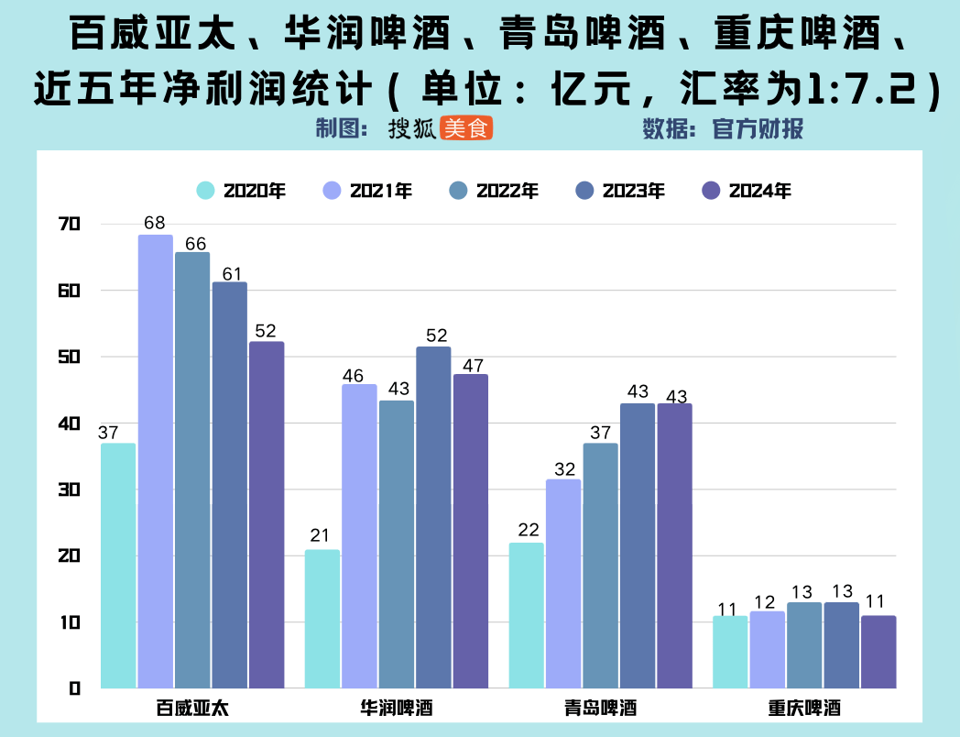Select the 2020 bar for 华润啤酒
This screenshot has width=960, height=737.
[x=322, y=619]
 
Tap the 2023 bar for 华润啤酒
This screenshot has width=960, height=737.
[x=433, y=517]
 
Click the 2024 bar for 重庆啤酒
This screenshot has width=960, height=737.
[x=878, y=652]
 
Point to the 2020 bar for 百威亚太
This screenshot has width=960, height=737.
[x=118, y=566]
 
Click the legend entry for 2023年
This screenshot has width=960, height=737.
[x=620, y=191]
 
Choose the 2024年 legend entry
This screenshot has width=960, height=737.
[x=747, y=191]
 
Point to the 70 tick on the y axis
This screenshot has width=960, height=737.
[x=70, y=224]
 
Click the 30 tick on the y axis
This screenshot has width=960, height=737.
[x=70, y=489]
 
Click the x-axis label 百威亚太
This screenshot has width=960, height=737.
[x=191, y=709]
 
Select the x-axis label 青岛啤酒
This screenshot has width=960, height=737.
[x=600, y=709]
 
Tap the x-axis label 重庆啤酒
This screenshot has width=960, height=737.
[x=804, y=709]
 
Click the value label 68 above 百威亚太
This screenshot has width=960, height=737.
[x=155, y=223]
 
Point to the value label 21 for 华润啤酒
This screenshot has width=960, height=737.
[x=321, y=536]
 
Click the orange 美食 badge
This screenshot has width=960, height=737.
[x=466, y=129]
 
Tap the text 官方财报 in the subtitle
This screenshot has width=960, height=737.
[x=758, y=129]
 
